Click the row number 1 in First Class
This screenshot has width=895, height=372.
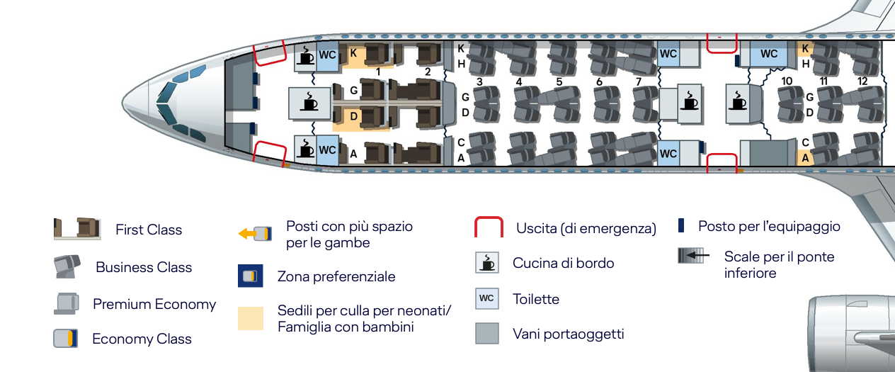pos(378,72)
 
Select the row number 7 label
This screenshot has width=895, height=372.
pos(639,81)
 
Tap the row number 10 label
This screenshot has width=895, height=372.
pos(787,81)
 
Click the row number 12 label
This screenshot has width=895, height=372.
pos(862,81)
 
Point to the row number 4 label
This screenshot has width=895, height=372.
pos(518,81)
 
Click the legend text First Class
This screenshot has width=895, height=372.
pos(149,230)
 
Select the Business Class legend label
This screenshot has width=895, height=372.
pos(144,267)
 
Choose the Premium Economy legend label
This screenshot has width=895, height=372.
pos(154,304)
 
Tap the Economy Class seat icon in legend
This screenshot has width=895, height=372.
pos(66,339)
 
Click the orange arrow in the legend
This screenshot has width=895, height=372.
pos(247,233)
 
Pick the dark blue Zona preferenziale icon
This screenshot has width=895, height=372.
pos(251,276)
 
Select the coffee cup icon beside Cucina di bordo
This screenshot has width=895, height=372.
pos(487,262)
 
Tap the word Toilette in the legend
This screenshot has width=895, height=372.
pos(536,299)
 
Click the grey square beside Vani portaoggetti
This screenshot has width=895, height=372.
pos(487,333)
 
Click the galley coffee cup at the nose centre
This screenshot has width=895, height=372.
pos(309,103)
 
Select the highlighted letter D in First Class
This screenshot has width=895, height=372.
pos(353,116)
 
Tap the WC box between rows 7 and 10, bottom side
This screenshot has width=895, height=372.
pos(668,153)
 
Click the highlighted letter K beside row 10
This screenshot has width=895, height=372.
pos(805,48)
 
